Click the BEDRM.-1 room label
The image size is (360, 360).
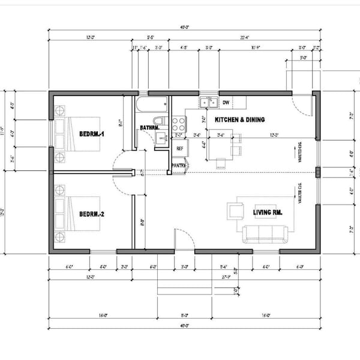tap(92, 134)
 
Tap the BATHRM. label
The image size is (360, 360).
tap(149, 128)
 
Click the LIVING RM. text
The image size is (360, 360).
tap(267, 212)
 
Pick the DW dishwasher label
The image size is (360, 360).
tap(226, 103)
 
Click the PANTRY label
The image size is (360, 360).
tap(178, 165)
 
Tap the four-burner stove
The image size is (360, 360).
tap(178, 124)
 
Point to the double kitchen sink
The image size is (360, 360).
tap(209, 103)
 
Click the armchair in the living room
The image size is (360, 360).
tap(235, 211)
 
